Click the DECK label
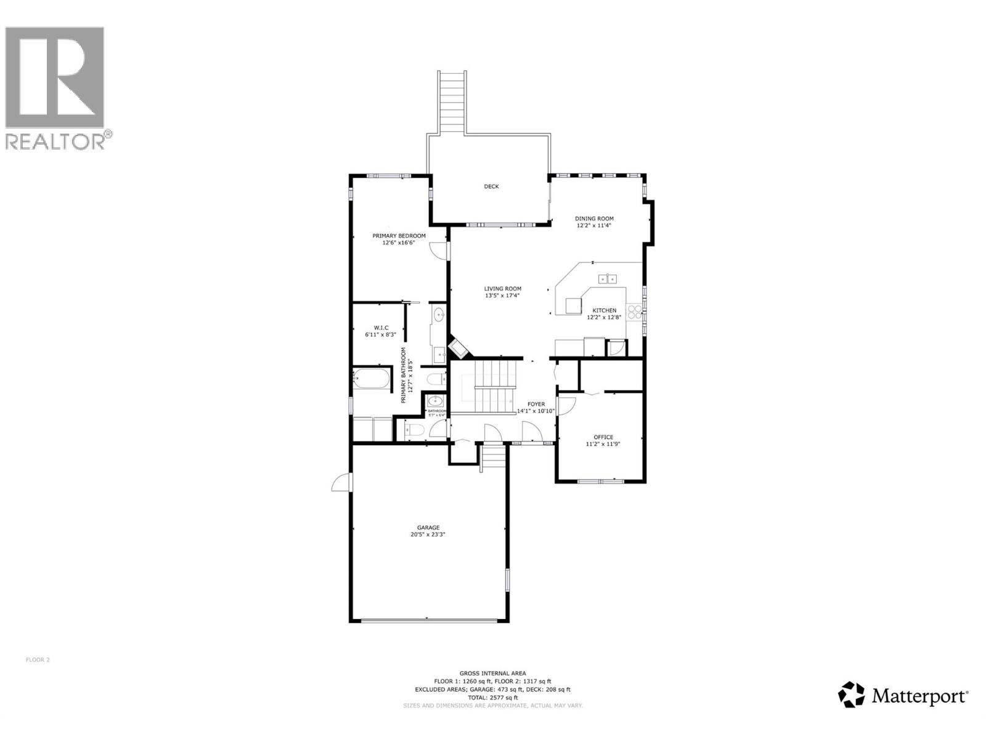tap(491, 187)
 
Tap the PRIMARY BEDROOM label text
tap(399, 236)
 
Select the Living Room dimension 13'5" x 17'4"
tap(502, 296)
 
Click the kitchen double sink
tap(608, 279)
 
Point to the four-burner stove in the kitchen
tap(634, 312)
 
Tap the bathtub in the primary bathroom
tap(372, 379)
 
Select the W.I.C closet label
tap(381, 328)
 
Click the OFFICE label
tap(603, 437)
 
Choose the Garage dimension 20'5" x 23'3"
tap(428, 535)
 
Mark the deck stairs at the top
tap(452, 102)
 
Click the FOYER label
tap(536, 405)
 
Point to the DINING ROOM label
tap(594, 219)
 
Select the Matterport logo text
tap(918, 697)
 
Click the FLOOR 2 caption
tap(38, 660)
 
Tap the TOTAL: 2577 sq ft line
tap(492, 698)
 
